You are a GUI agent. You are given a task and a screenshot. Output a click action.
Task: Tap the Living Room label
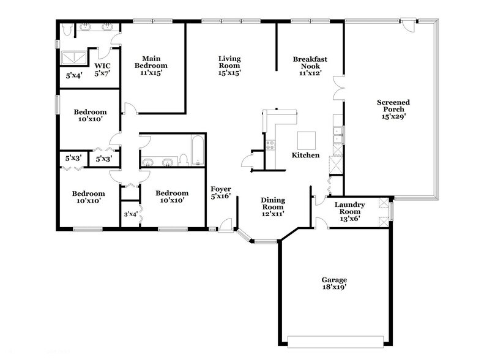point(229,66)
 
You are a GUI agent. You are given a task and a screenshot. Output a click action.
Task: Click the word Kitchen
point(305,156)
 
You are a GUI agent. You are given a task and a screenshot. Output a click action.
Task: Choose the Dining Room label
point(273,206)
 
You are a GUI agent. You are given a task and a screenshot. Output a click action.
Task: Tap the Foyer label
point(220,192)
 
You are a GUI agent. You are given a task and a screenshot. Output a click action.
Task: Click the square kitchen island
point(307,140)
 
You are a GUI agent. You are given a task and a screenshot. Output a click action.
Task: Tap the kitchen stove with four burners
point(270,145)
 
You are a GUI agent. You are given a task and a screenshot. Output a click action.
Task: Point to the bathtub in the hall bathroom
point(197,151)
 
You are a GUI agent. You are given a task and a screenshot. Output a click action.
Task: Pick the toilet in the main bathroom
point(67,29)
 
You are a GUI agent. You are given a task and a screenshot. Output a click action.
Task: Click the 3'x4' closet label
point(130,214)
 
